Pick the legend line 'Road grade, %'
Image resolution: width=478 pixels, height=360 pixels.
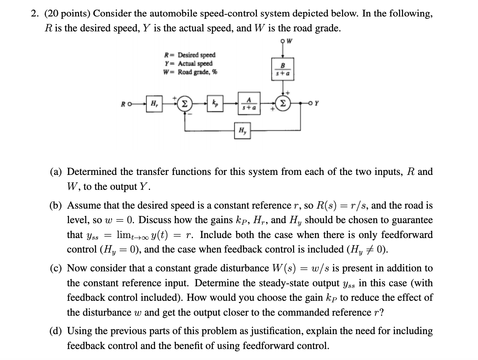point(190,72)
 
